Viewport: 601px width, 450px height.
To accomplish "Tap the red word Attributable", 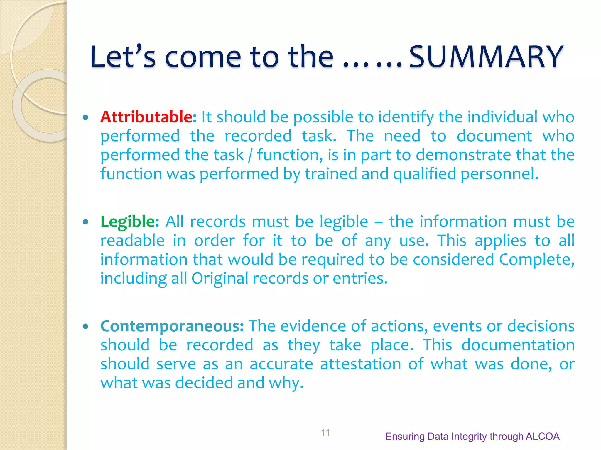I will point(148,117).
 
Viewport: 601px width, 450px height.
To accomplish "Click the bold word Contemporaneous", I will point(172,326).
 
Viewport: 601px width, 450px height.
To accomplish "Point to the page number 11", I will point(325,432).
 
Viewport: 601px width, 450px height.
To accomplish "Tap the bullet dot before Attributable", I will point(85,118).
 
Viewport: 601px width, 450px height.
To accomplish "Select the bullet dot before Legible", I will point(85,222).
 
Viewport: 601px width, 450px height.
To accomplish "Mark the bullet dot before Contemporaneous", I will point(85,327).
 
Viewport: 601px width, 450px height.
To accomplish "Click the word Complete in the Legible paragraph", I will point(536,260).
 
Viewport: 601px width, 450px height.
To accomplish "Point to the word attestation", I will point(360,364).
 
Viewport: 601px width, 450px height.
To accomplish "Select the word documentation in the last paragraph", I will point(518,345).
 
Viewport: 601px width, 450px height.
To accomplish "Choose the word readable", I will point(132,241).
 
